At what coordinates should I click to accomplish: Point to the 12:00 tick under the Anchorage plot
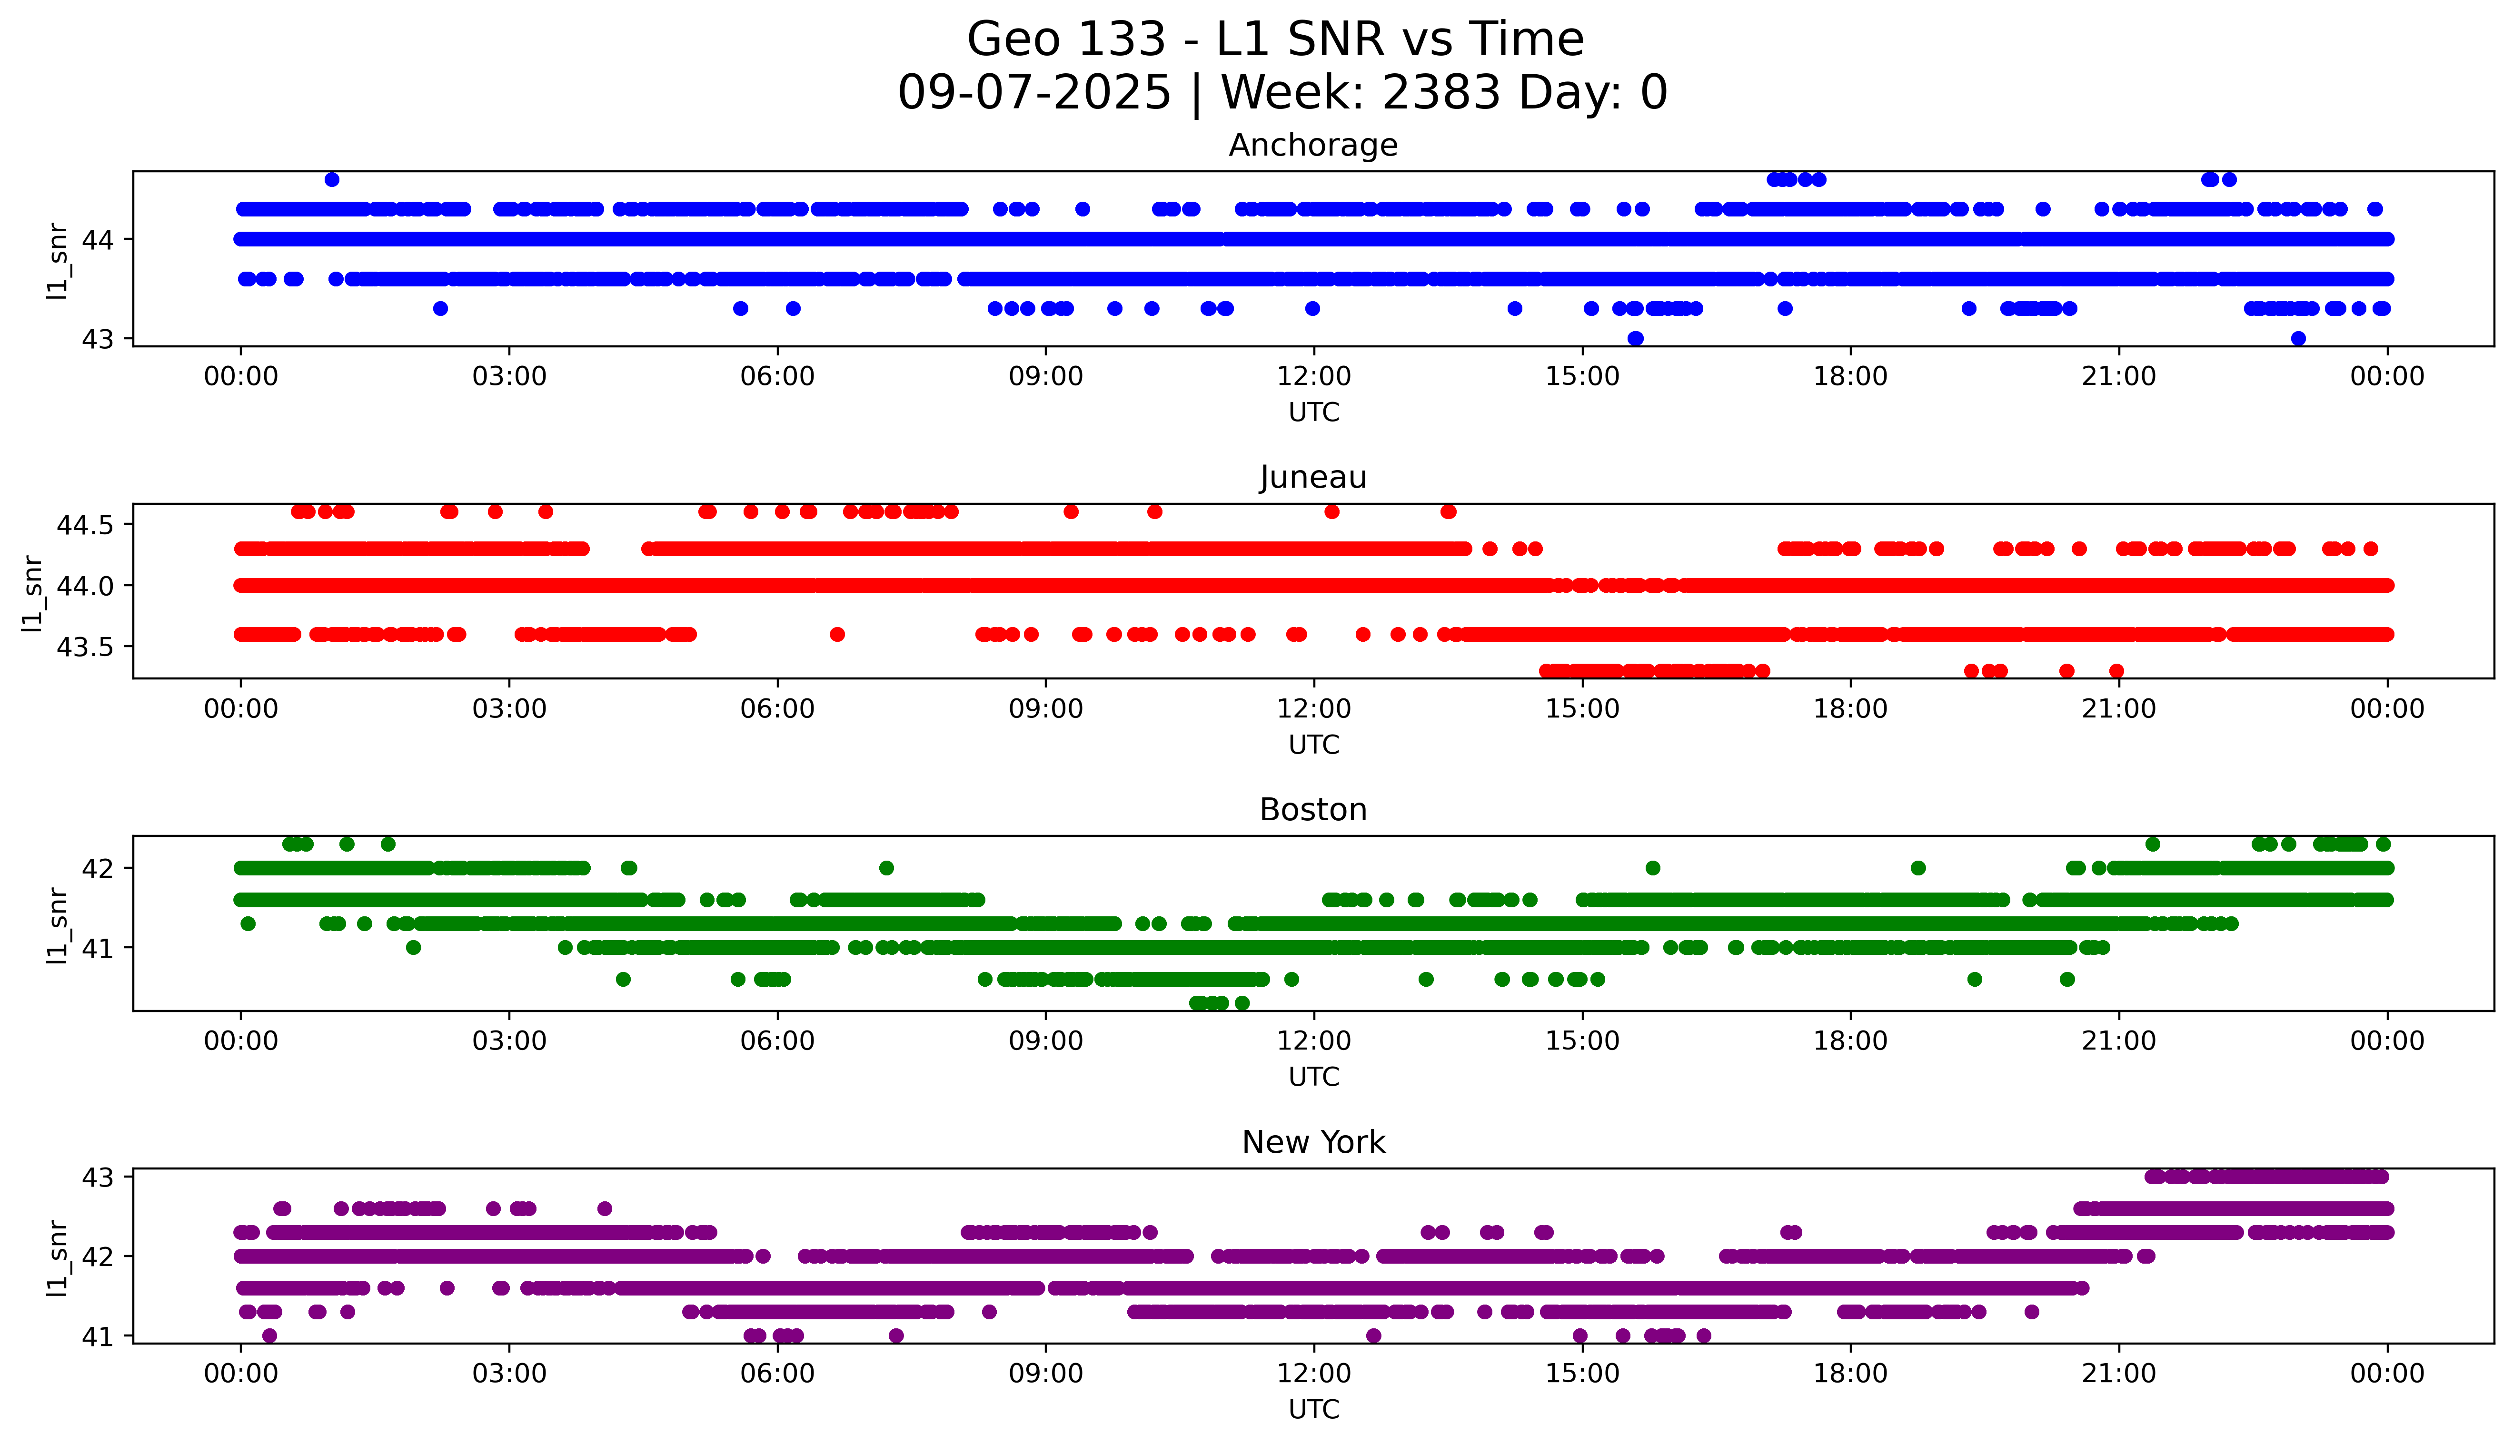pos(1313,377)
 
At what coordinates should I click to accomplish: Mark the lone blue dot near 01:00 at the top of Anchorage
pos(332,179)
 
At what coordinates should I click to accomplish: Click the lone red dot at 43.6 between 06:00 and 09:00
pos(837,634)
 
